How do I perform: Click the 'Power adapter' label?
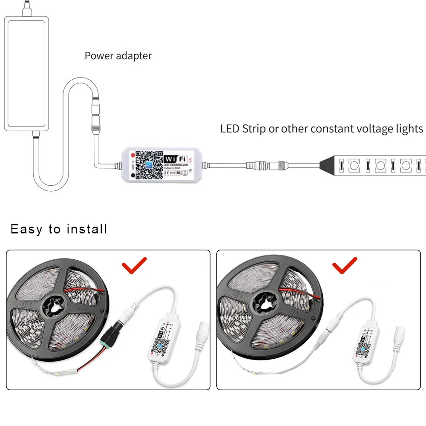point(118,56)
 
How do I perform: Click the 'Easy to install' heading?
point(59,229)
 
